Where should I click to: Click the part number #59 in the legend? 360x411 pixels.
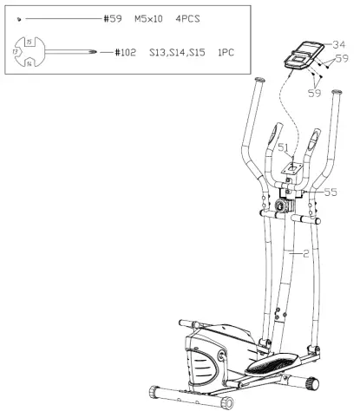[x=114, y=18]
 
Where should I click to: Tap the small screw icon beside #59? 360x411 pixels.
[x=19, y=18]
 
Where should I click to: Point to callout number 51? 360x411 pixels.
[x=284, y=147]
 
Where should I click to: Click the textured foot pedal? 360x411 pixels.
[x=269, y=365]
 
